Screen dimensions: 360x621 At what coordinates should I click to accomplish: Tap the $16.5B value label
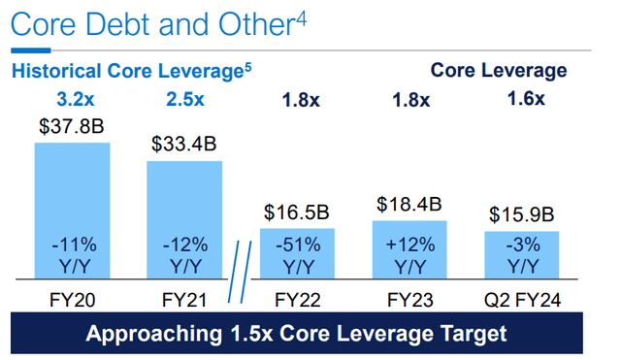tap(297, 213)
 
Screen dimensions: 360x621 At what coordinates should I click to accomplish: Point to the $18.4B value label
tap(409, 205)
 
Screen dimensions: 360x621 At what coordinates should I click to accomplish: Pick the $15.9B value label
tap(522, 214)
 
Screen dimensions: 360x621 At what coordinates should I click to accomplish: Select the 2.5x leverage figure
tap(184, 97)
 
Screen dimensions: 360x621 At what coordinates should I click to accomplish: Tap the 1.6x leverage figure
tap(526, 97)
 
